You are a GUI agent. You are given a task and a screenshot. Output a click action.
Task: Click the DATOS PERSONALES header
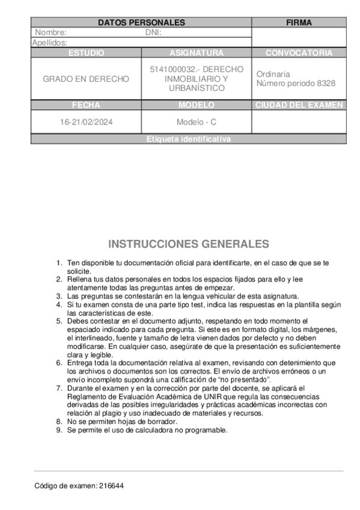tap(141, 22)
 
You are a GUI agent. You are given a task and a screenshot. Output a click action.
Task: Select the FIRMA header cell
tap(299, 22)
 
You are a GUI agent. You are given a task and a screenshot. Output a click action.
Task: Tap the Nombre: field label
tap(51, 32)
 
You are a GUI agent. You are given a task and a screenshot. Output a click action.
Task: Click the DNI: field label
tap(154, 32)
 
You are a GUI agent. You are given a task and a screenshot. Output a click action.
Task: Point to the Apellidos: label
tap(49, 43)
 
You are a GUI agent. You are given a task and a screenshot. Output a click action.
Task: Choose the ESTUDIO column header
tap(86, 53)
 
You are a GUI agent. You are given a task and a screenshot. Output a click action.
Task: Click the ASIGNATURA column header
tap(197, 53)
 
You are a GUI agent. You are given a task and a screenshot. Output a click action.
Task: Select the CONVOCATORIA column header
tap(299, 53)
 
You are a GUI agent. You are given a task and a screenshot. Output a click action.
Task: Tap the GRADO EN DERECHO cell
tap(86, 79)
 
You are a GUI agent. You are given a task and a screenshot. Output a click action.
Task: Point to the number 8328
tap(325, 84)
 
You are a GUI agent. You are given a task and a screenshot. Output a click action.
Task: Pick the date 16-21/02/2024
tap(86, 121)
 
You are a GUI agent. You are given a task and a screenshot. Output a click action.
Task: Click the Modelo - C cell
tap(197, 121)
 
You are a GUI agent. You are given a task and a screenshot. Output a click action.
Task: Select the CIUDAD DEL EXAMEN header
tap(299, 105)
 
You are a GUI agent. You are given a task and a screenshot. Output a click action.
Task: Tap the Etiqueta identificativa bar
tap(189, 139)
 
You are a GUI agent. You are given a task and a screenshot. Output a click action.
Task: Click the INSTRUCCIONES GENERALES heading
tap(188, 244)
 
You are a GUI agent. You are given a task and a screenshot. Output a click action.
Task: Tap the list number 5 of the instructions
tap(58, 321)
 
